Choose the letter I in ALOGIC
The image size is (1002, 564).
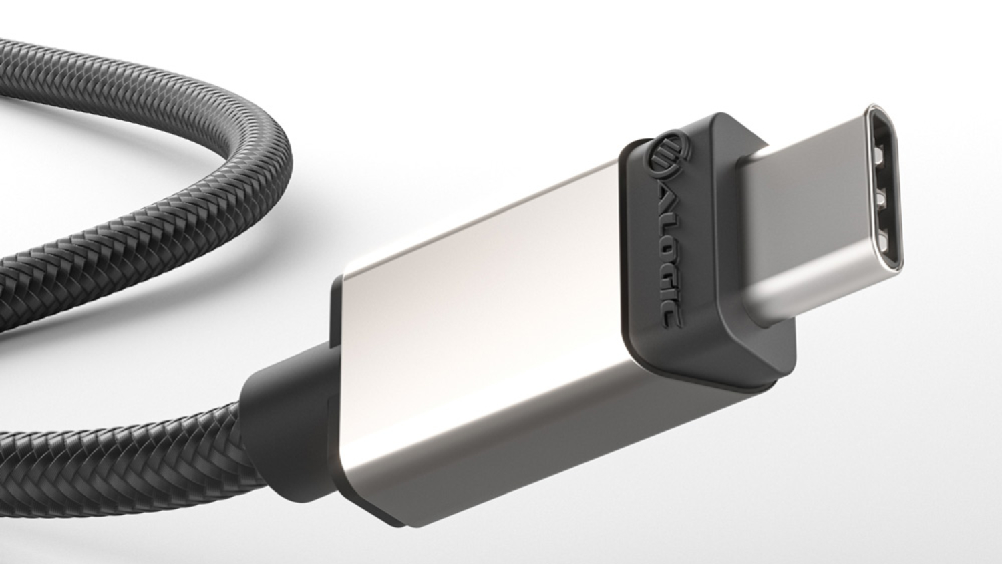(667, 294)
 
